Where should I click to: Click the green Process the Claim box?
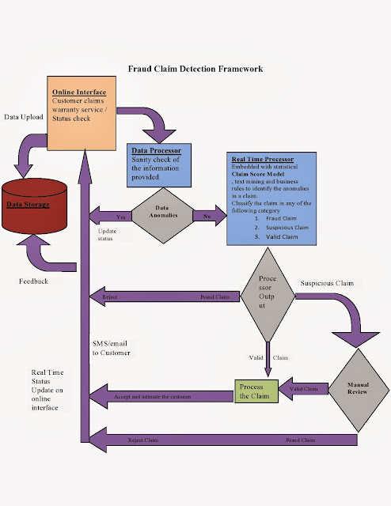pyautogui.click(x=256, y=390)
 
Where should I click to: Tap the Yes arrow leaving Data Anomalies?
pyautogui.click(x=112, y=215)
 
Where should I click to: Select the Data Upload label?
pyautogui.click(x=24, y=116)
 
